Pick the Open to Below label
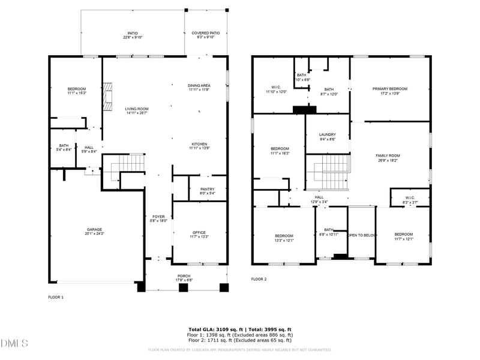[x=362, y=235]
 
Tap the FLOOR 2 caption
[x=259, y=279]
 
